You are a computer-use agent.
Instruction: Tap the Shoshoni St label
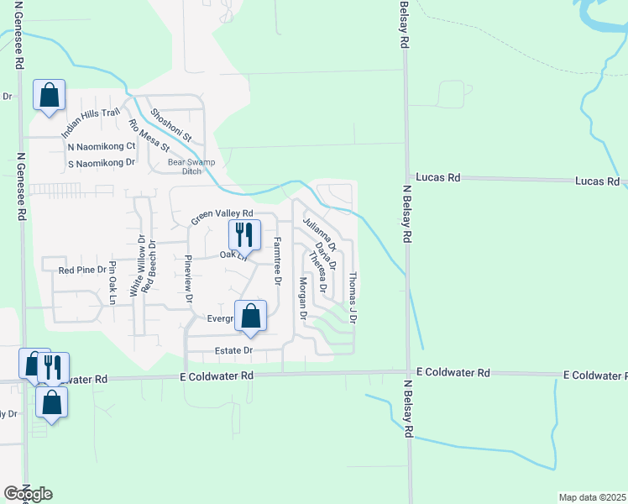tap(171, 124)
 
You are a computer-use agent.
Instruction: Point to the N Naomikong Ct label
tap(101, 146)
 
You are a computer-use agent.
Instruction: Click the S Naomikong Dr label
tap(101, 162)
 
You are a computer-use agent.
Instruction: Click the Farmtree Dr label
tap(277, 260)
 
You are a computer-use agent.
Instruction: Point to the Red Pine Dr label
tap(80, 270)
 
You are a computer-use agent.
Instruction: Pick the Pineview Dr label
tap(188, 276)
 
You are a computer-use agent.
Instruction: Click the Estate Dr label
tap(236, 350)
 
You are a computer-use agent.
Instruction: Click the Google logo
tap(28, 494)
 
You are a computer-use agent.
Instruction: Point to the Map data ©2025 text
tap(592, 497)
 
